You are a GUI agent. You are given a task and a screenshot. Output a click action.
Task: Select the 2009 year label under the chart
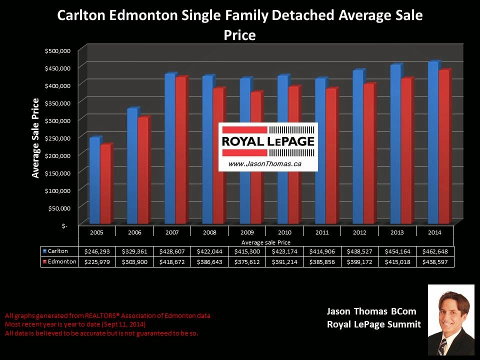pos(247,232)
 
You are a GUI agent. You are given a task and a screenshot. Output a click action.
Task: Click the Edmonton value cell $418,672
pos(171,261)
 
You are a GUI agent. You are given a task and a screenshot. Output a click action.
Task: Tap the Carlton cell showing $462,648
pos(435,251)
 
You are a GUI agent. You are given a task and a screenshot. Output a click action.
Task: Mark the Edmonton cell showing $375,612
pos(247,261)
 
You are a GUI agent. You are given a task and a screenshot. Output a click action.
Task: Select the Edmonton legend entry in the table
pos(59,261)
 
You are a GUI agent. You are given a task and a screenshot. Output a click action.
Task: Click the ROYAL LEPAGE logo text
pos(268,141)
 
